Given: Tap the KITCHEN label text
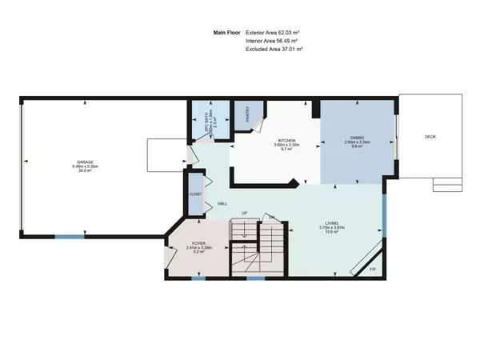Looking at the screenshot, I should [x=276, y=140].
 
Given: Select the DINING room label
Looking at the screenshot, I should [x=356, y=138].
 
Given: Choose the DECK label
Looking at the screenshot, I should [x=430, y=137].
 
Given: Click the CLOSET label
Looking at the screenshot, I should [x=194, y=194].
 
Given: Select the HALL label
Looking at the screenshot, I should [x=223, y=204].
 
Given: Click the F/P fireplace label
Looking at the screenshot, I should [x=373, y=269].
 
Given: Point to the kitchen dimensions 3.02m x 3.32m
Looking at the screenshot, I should [x=276, y=145].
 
